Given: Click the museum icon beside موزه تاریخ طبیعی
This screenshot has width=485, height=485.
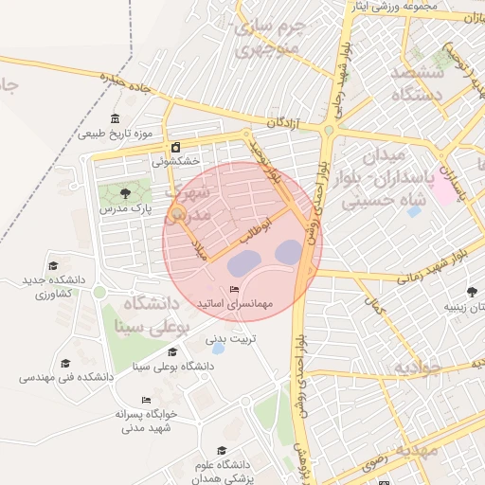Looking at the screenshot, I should click(x=116, y=118).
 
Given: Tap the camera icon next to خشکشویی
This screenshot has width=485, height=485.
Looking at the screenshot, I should click(x=177, y=147).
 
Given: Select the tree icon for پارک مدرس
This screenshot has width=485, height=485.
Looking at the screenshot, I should click(x=126, y=193).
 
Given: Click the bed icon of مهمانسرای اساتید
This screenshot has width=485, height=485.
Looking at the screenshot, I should click(x=234, y=290).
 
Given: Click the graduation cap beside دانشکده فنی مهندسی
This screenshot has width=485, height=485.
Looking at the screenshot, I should click(x=65, y=363).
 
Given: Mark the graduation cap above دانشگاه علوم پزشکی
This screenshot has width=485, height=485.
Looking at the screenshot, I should click(x=222, y=451).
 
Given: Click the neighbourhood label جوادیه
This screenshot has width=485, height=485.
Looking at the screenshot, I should click(x=419, y=368).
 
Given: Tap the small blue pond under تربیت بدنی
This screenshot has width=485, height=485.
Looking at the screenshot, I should click(x=219, y=349).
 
